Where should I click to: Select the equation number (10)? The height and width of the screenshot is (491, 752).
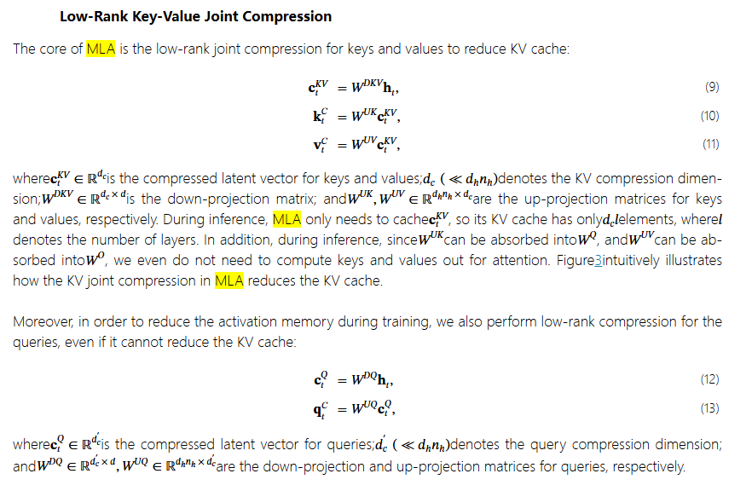coord(709,116)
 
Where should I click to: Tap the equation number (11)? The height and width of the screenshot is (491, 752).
coord(710,144)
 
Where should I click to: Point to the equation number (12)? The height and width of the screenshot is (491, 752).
coord(709,379)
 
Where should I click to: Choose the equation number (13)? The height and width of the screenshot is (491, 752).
coord(709,408)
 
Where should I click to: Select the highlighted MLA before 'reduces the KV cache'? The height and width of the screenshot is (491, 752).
coord(228,280)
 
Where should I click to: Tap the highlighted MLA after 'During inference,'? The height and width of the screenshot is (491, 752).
coord(286,219)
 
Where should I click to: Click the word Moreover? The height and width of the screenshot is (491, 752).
coord(42,321)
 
